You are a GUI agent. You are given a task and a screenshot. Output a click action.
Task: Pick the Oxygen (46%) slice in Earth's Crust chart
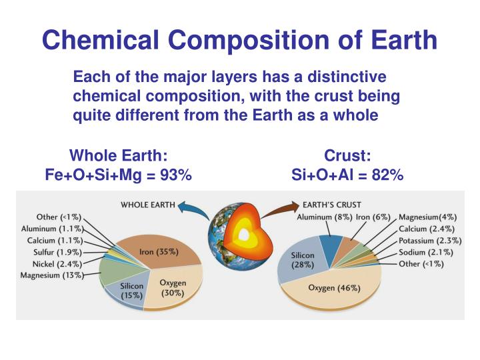pyautogui.click(x=333, y=288)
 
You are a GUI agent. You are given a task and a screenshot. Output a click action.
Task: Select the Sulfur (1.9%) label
pyautogui.click(x=57, y=252)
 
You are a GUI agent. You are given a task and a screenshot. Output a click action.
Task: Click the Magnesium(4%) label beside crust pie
pyautogui.click(x=427, y=217)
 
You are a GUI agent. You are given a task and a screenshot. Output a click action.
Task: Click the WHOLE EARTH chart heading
pyautogui.click(x=147, y=205)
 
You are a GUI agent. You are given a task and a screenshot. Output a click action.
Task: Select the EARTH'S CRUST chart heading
pyautogui.click(x=333, y=205)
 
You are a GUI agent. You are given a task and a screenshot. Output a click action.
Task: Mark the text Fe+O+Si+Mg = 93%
pyautogui.click(x=118, y=175)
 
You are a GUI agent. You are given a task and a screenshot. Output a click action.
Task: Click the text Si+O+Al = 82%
pyautogui.click(x=347, y=175)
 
